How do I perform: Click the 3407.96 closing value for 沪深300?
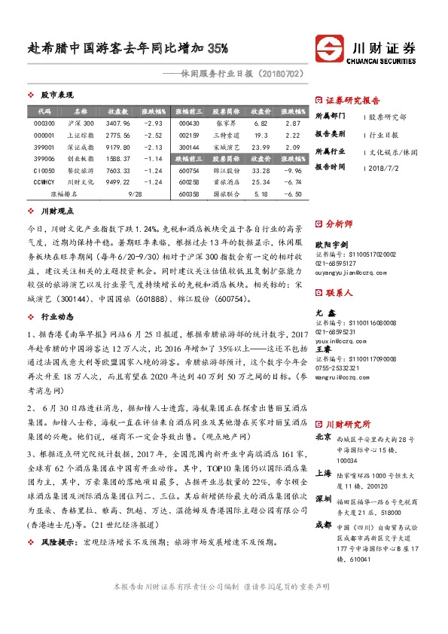pos(118,123)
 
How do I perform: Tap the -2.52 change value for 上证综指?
pos(153,135)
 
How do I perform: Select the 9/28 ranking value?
pos(136,194)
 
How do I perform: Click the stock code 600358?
pos(189,194)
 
